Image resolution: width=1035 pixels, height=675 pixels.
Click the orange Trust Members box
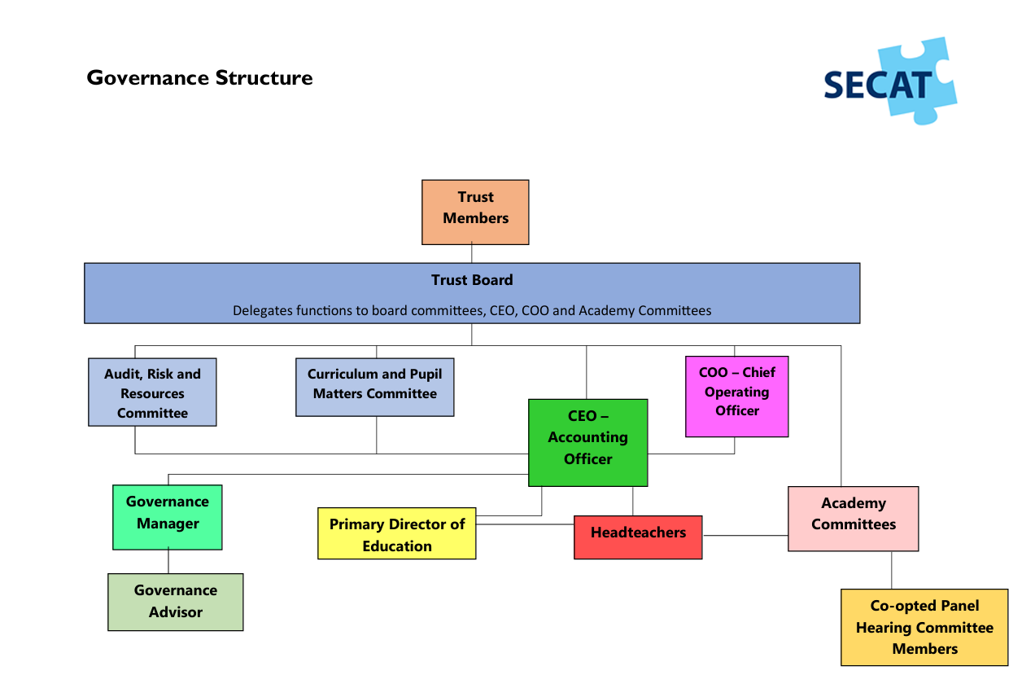pyautogui.click(x=475, y=212)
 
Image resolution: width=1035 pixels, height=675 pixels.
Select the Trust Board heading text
pyautogui.click(x=472, y=280)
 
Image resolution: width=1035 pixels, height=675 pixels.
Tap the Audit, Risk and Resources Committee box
pyautogui.click(x=152, y=392)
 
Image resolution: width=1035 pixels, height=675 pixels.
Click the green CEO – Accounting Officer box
pyautogui.click(x=587, y=442)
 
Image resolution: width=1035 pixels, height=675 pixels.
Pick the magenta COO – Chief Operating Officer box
pyautogui.click(x=736, y=396)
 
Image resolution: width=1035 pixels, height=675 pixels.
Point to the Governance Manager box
pyautogui.click(x=167, y=517)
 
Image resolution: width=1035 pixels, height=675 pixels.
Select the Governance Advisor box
pyautogui.click(x=175, y=602)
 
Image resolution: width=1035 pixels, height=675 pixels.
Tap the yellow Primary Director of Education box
pyautogui.click(x=396, y=535)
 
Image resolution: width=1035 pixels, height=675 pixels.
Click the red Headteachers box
pyautogui.click(x=638, y=537)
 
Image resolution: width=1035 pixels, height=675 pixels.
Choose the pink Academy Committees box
pyautogui.click(x=853, y=519)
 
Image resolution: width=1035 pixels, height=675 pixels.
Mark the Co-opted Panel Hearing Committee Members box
pyautogui.click(x=924, y=627)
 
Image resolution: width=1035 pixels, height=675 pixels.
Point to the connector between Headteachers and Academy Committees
pyautogui.click(x=745, y=535)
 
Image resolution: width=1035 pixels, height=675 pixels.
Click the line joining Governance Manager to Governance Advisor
pyautogui.click(x=168, y=562)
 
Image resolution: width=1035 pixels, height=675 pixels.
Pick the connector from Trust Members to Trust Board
pyautogui.click(x=472, y=253)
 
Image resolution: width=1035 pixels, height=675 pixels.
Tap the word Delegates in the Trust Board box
pyautogui.click(x=260, y=310)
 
